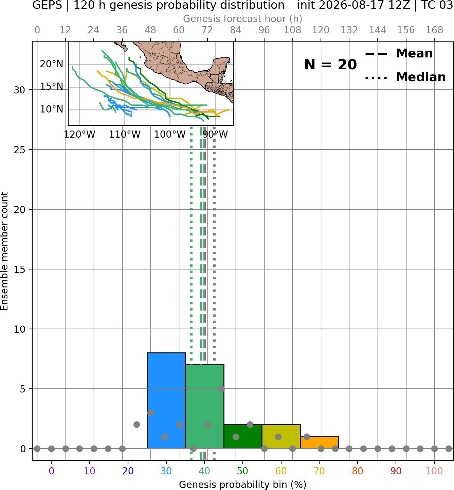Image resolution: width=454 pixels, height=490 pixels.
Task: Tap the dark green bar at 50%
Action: [243, 436]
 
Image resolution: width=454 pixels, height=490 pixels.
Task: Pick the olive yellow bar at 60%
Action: [281, 436]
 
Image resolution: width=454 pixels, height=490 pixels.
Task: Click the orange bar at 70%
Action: [320, 442]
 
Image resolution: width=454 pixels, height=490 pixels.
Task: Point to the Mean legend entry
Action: [399, 54]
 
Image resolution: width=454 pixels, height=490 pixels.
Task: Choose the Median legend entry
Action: [405, 77]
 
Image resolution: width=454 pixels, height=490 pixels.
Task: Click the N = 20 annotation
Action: [330, 65]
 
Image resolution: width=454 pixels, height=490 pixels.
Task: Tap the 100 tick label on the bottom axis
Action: [434, 471]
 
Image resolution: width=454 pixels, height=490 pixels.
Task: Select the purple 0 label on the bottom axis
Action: [51, 471]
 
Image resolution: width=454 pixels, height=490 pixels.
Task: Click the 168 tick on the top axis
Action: [434, 30]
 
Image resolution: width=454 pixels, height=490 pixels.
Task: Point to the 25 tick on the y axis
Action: [20, 150]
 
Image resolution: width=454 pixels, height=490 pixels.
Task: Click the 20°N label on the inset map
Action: [52, 64]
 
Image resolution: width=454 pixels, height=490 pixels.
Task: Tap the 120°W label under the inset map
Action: [79, 135]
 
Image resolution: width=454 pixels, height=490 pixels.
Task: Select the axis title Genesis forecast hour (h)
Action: [243, 19]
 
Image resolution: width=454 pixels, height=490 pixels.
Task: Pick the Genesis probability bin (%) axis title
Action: [243, 485]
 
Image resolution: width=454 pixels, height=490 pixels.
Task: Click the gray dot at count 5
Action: [221, 389]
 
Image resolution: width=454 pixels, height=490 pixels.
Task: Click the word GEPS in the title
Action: [47, 5]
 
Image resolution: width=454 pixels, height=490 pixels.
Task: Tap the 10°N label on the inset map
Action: [52, 109]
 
